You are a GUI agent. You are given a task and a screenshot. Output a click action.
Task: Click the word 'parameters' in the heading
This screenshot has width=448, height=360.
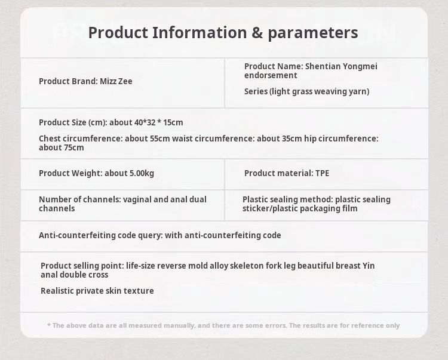[313, 33]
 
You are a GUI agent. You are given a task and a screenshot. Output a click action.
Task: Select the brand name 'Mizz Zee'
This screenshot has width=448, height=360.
[116, 81]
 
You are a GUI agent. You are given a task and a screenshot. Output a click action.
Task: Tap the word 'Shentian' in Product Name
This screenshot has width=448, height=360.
[323, 66]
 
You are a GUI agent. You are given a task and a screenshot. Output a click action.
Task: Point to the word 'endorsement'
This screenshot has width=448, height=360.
[271, 75]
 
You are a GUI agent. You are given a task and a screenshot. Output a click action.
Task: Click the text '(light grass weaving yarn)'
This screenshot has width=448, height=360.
[320, 91]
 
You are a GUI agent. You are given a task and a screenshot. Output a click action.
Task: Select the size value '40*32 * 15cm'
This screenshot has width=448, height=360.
[158, 122]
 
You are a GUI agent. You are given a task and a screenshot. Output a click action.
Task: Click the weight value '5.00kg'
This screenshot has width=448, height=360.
[142, 173]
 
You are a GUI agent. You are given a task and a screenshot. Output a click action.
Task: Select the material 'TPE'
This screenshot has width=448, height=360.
[323, 173]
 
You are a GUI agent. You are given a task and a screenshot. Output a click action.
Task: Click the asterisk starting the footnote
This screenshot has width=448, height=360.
[49, 325]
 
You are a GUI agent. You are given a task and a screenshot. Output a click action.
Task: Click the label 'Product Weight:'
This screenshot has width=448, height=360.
[70, 173]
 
